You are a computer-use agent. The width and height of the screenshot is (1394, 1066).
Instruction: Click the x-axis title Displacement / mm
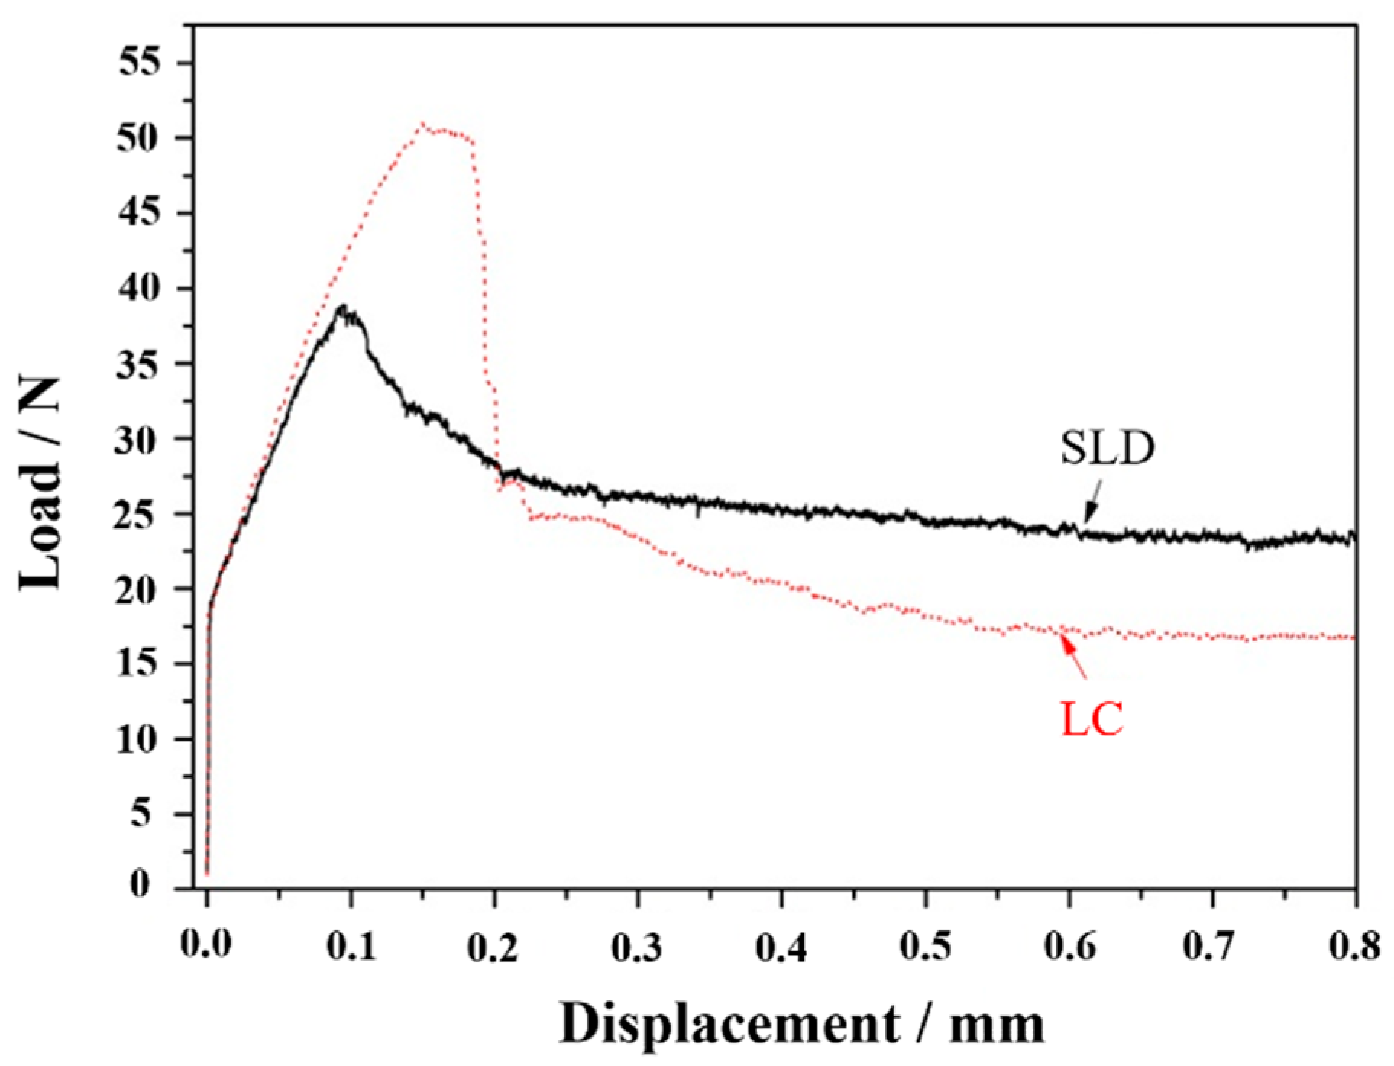click(x=801, y=1023)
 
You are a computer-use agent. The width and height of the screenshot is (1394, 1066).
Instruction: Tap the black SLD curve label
click(x=1107, y=448)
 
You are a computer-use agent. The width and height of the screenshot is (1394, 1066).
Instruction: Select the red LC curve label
click(x=1092, y=719)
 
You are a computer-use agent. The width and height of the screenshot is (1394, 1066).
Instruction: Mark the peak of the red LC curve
click(x=422, y=124)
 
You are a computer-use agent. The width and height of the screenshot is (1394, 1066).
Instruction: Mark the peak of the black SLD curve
click(x=344, y=307)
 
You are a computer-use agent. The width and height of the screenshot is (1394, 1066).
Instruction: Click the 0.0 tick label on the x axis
click(x=206, y=945)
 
